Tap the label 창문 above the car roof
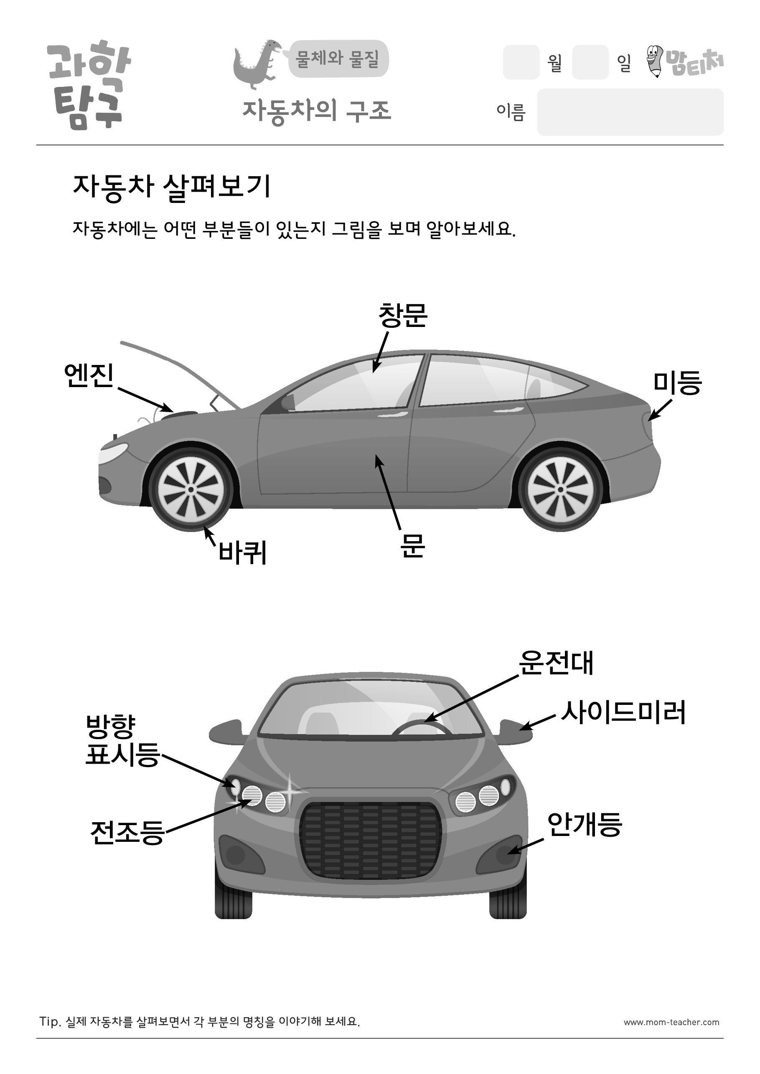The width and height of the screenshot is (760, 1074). tap(402, 315)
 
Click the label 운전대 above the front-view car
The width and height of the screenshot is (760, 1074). tap(556, 663)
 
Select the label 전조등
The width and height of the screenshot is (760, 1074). tap(127, 833)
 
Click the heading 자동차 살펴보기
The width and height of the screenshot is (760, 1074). tap(172, 187)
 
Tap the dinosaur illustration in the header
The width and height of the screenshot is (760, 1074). tap(257, 64)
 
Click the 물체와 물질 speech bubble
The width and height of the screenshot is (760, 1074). tap(338, 58)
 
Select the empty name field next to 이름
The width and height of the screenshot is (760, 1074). tap(630, 112)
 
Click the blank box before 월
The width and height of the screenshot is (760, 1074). tap(521, 62)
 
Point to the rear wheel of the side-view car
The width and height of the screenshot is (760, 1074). tap(560, 489)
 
